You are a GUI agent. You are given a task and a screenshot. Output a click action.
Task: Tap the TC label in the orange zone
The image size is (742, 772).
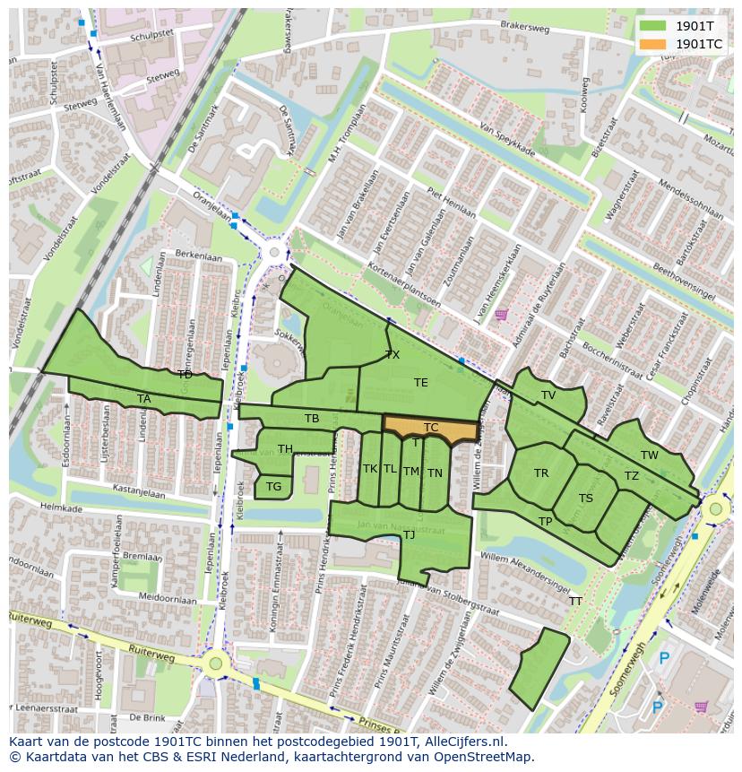pyautogui.click(x=431, y=428)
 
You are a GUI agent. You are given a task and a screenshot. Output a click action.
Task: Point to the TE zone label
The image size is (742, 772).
pyautogui.click(x=421, y=383)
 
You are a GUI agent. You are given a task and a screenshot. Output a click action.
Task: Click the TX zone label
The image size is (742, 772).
pyautogui.click(x=393, y=355)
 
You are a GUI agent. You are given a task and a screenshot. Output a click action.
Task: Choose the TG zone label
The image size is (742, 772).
pyautogui.click(x=273, y=487)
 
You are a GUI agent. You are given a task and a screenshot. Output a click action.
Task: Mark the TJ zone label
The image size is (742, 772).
pyautogui.click(x=409, y=535)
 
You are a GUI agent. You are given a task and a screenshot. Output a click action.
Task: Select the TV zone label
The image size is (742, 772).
pyautogui.click(x=548, y=395)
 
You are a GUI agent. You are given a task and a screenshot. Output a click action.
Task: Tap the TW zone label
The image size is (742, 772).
pyautogui.click(x=650, y=455)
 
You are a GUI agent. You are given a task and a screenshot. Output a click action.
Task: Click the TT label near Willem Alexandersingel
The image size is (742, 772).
pyautogui.click(x=575, y=602)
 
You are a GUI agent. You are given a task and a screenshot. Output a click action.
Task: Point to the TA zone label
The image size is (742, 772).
pyautogui.click(x=144, y=399)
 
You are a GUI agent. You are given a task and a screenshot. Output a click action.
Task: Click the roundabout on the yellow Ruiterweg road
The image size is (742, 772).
pyautogui.click(x=215, y=664)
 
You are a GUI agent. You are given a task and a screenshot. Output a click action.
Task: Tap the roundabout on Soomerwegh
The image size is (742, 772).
pyautogui.click(x=714, y=510)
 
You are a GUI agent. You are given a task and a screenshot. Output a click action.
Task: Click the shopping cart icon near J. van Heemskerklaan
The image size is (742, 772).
pyautogui.click(x=501, y=315)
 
